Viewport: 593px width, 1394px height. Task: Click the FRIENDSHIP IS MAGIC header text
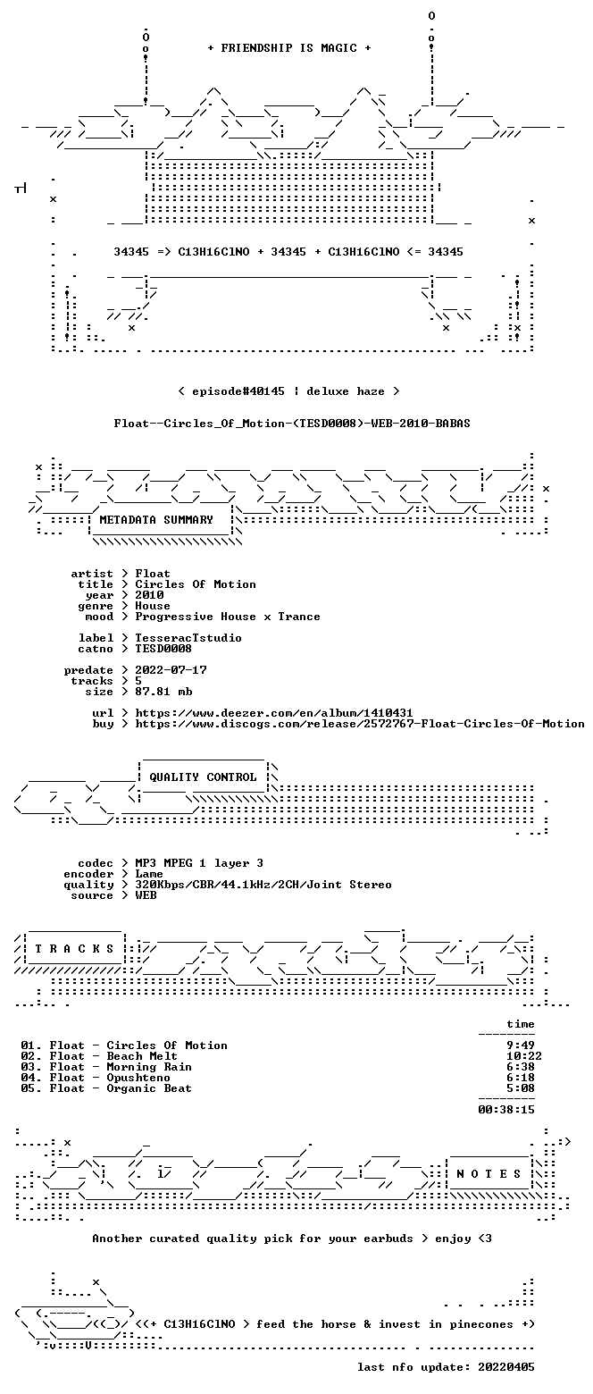(289, 48)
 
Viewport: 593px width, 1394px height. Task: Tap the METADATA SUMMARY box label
(156, 520)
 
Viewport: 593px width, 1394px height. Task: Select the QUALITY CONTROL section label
(203, 777)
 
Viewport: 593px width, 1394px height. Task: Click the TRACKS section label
(75, 948)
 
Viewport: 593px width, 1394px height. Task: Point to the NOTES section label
(489, 1173)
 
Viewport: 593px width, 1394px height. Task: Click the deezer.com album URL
(274, 713)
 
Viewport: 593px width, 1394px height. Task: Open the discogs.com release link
(360, 724)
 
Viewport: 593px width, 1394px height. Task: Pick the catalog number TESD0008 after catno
(163, 649)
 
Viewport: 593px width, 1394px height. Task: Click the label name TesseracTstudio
(188, 638)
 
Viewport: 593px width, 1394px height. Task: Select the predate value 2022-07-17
(171, 670)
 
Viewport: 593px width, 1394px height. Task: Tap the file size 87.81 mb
(163, 692)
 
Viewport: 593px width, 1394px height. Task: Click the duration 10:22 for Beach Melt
(524, 1056)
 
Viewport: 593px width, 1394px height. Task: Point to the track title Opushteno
(138, 1078)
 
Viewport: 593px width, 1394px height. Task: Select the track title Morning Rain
(149, 1067)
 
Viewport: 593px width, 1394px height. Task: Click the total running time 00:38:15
(505, 1110)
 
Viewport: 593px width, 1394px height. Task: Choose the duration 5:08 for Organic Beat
(520, 1087)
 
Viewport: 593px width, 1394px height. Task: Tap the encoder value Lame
(149, 874)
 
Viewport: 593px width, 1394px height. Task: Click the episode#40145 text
(238, 391)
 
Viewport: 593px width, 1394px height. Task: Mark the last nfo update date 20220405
(505, 1367)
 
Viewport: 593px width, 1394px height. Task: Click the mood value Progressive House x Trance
(228, 617)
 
